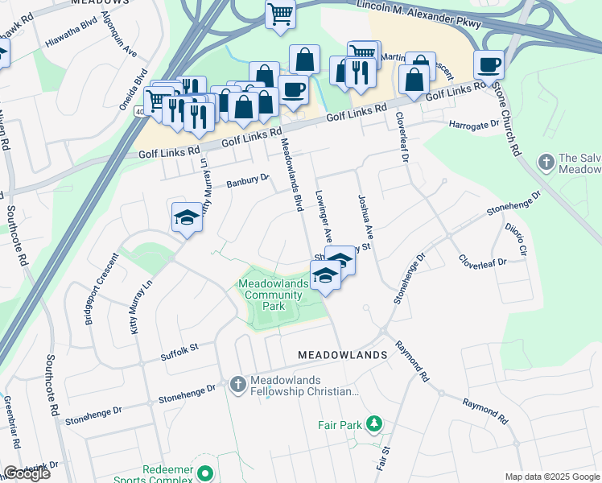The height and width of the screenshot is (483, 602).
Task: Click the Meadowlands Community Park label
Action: (273, 295)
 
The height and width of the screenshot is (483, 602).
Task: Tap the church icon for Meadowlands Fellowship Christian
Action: (237, 386)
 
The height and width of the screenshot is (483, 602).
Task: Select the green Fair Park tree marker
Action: (373, 423)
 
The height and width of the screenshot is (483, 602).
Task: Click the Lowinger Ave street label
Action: (324, 217)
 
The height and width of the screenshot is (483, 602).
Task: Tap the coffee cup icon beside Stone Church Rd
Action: (489, 64)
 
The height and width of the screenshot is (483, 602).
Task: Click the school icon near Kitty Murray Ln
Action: (187, 217)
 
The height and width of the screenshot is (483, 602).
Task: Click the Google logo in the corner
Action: (27, 473)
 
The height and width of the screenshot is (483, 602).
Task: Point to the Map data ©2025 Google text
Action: (552, 477)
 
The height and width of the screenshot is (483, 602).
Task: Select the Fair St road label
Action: (381, 456)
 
